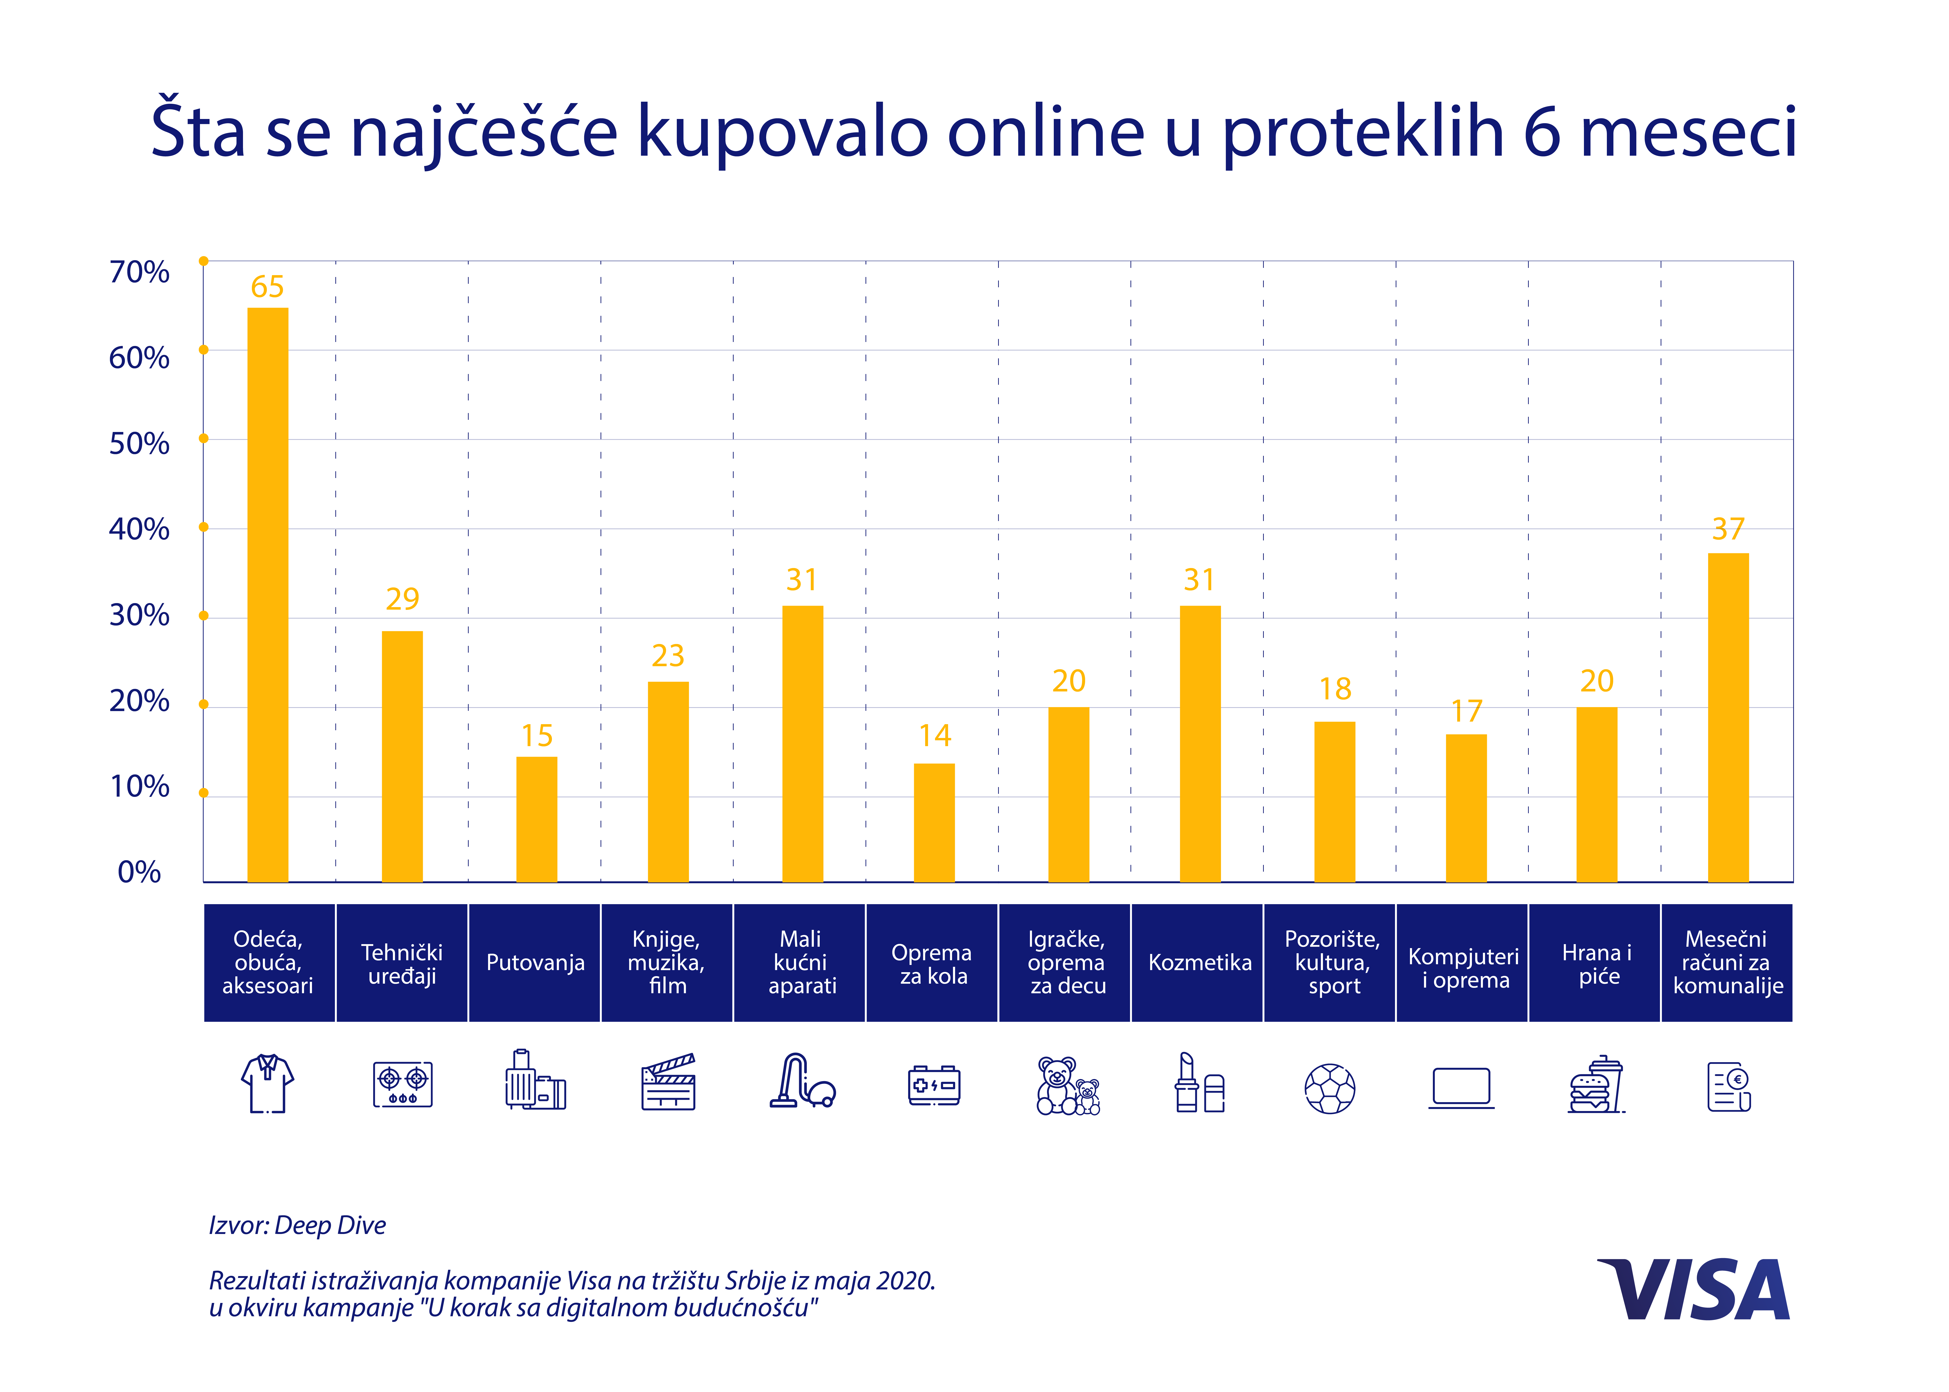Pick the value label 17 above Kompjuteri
click(1466, 711)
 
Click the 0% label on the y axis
click(139, 872)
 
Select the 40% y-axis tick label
click(139, 529)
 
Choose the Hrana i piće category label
click(1597, 964)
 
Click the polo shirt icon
click(268, 1083)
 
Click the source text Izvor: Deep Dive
click(297, 1225)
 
